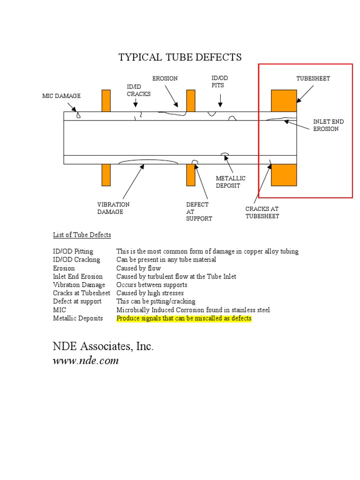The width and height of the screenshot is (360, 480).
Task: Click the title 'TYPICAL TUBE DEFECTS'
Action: (x=180, y=57)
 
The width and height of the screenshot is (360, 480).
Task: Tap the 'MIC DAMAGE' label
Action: (x=61, y=96)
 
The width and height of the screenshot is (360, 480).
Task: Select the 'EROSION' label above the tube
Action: (x=165, y=78)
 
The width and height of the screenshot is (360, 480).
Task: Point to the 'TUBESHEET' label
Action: (x=313, y=78)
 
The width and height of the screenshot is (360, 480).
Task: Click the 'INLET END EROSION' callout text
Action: (x=328, y=125)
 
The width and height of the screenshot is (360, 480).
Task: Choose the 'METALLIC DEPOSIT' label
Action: (x=230, y=182)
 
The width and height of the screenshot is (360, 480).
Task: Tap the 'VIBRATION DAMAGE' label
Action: (x=113, y=208)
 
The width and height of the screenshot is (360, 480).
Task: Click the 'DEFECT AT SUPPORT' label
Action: (x=199, y=211)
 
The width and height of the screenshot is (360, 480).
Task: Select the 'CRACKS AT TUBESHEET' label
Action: (x=262, y=212)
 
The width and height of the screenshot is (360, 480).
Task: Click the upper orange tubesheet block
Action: (x=284, y=100)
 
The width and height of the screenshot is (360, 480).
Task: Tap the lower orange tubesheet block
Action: (x=284, y=175)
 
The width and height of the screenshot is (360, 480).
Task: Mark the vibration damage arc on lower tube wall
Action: (x=148, y=162)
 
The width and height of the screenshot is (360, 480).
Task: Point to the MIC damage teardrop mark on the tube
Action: (x=78, y=115)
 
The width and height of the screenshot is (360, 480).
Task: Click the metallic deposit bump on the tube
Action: (x=225, y=154)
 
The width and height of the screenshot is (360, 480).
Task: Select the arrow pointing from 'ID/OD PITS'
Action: (x=220, y=100)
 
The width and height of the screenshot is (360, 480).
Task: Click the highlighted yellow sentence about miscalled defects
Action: (x=184, y=318)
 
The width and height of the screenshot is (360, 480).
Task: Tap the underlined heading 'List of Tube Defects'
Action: (x=82, y=234)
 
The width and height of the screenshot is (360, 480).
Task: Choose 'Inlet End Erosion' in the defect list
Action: (x=78, y=277)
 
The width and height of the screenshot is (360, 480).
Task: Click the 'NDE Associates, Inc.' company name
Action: (x=103, y=346)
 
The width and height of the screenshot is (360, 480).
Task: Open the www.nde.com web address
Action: (x=85, y=360)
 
